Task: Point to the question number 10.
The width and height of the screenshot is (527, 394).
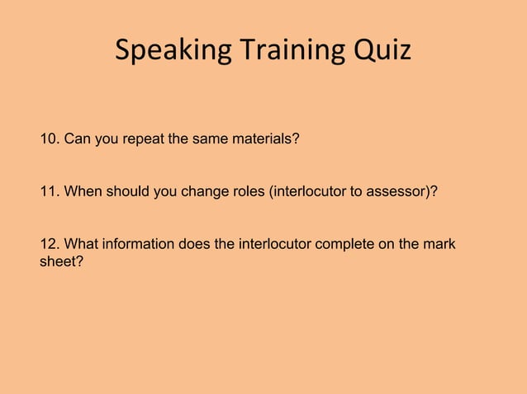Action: (49, 138)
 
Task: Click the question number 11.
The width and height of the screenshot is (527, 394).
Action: (49, 192)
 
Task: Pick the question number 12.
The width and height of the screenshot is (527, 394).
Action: (49, 245)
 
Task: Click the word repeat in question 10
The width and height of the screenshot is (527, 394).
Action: (145, 138)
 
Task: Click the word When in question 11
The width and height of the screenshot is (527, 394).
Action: (81, 192)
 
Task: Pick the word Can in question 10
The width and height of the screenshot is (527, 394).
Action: (78, 138)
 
